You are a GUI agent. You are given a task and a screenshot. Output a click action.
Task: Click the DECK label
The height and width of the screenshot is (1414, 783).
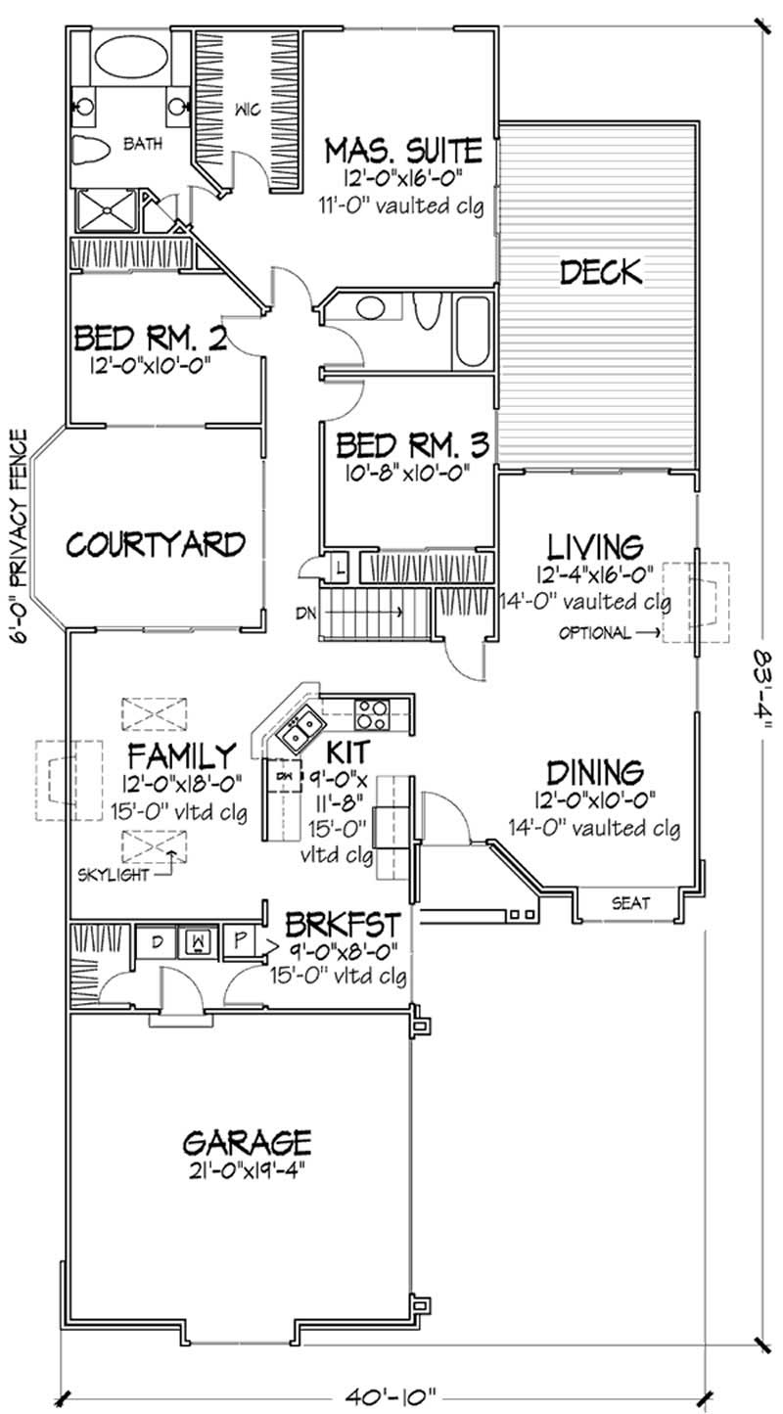600,271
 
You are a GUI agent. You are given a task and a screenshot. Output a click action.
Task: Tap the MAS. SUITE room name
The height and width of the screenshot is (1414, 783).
403,151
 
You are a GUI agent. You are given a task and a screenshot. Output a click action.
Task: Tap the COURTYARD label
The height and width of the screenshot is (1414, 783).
156,543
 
